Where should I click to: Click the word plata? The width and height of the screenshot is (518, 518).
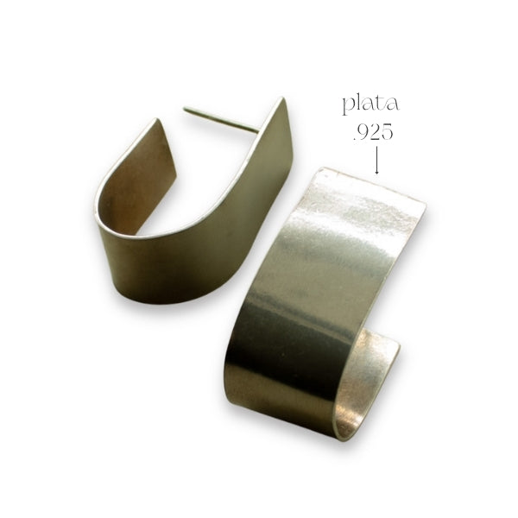[x=370, y=105]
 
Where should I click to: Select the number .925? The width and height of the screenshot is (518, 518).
[x=373, y=133]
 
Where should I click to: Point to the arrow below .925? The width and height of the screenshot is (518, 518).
[x=376, y=160]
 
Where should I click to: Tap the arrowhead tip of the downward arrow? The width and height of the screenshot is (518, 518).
[x=376, y=174]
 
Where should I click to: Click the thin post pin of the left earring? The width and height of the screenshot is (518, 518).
[x=221, y=120]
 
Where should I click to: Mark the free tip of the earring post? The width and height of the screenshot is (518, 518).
[x=185, y=109]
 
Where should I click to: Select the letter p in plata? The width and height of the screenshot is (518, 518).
[x=349, y=106]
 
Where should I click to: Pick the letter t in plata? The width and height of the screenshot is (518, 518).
[x=382, y=104]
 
